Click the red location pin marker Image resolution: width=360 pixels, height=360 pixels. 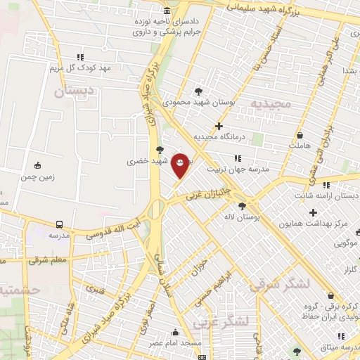tap(180, 165)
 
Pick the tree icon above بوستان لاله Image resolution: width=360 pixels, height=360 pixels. tap(243, 207)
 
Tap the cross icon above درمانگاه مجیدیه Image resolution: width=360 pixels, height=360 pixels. tap(219, 127)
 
